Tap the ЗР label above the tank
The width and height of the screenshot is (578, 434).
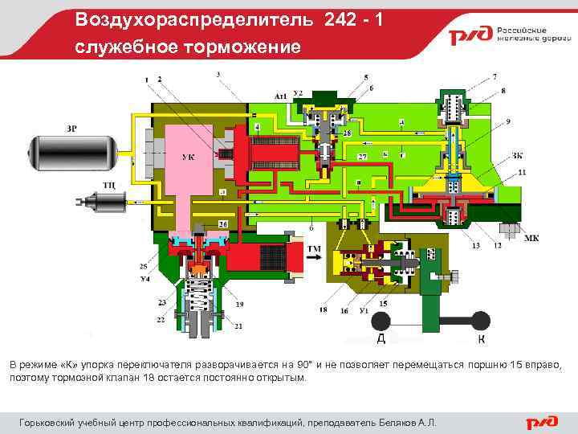tap(72, 128)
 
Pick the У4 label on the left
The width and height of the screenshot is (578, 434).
tap(144, 279)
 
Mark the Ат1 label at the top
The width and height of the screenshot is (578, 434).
tap(281, 96)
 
